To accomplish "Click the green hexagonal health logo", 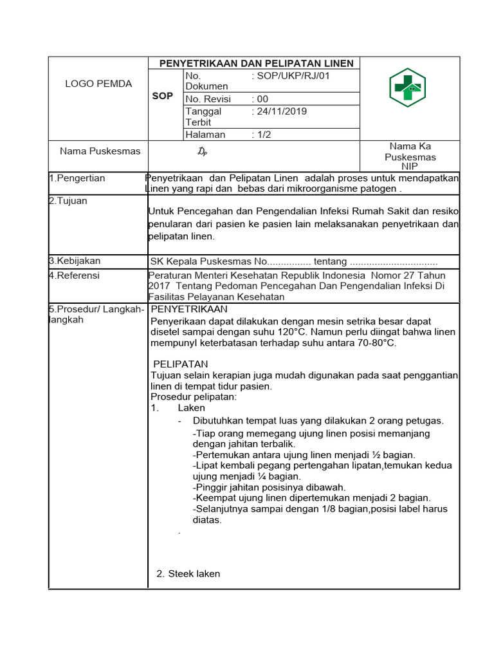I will [408, 88].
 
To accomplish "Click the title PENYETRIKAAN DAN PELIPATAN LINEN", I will [256, 63].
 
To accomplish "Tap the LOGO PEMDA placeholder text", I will [98, 84].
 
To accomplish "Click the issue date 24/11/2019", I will [282, 111].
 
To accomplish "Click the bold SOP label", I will [162, 96].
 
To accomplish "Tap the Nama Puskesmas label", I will [100, 151].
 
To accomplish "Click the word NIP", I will [410, 166].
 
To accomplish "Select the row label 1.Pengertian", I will [77, 178].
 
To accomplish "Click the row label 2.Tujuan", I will [68, 201].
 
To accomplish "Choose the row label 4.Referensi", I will [75, 275].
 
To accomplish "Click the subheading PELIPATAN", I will [181, 364].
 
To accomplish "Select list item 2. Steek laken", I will [188, 573].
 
